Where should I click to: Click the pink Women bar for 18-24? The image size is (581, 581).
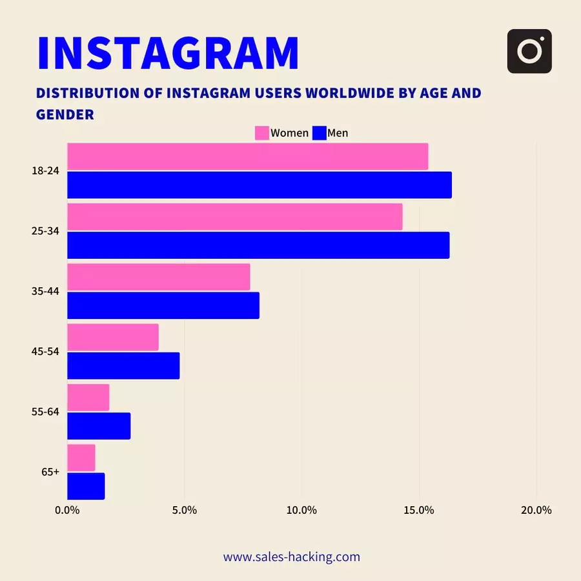(x=247, y=156)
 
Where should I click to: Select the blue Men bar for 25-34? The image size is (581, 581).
(x=258, y=245)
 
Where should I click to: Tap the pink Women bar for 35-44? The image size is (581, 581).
(x=158, y=277)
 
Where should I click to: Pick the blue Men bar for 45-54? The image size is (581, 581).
(x=123, y=365)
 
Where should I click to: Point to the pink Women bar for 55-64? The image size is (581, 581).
(x=88, y=398)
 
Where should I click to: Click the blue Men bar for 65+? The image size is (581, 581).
(x=86, y=486)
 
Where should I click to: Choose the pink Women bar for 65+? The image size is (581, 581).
(x=81, y=458)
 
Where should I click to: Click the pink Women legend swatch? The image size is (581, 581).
(x=262, y=133)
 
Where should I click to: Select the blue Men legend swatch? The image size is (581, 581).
(x=318, y=133)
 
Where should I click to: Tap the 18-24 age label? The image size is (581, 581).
(x=45, y=171)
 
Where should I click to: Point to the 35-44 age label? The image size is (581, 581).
(x=45, y=291)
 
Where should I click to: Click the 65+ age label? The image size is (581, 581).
(x=50, y=472)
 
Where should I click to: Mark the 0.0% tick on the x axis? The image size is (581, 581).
(x=67, y=510)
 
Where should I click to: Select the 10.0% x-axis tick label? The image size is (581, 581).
(x=301, y=510)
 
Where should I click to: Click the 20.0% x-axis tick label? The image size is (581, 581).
(x=536, y=510)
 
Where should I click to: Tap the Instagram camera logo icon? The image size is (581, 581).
(x=529, y=51)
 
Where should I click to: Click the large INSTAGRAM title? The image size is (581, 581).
(x=168, y=53)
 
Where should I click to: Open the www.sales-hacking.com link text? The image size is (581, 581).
(x=292, y=556)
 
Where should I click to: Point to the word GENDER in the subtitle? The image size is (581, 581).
(x=65, y=114)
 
